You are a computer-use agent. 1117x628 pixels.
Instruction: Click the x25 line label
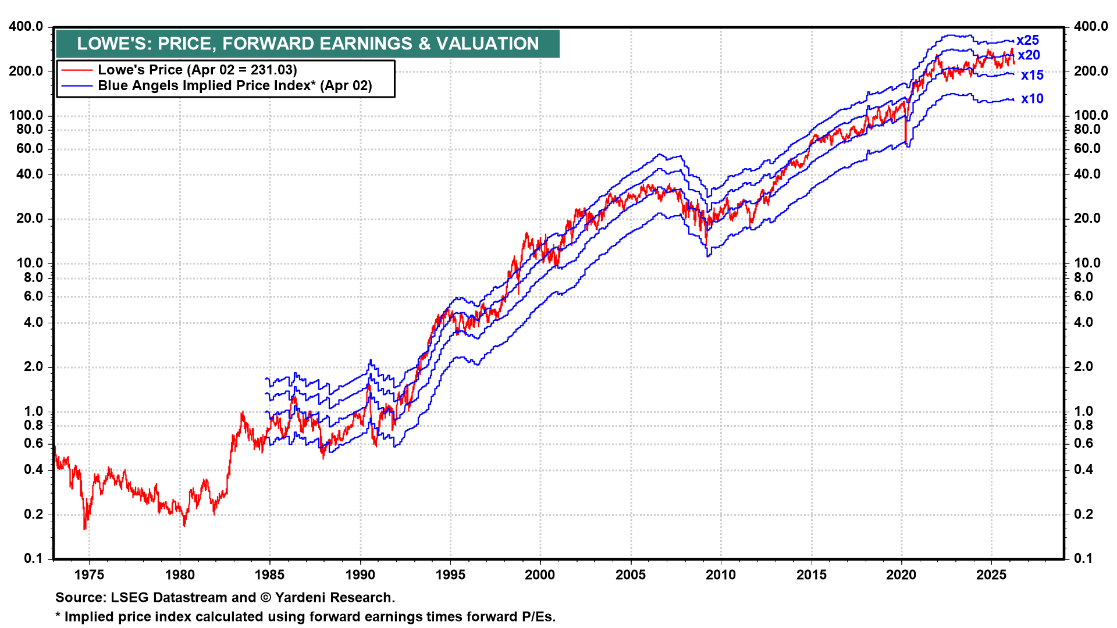(x=1027, y=40)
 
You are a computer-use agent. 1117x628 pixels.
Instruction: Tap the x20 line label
(x=1029, y=55)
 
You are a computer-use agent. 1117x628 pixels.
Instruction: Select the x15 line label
(x=1032, y=75)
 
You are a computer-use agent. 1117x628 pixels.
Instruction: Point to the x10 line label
(x=1032, y=99)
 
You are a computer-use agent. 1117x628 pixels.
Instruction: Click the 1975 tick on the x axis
(x=89, y=575)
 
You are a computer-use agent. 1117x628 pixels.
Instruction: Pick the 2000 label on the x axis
(x=540, y=575)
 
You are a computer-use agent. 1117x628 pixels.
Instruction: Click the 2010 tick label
(x=720, y=575)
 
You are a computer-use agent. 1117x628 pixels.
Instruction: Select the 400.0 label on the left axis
(x=26, y=27)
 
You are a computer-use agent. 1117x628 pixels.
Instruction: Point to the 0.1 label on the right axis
(x=1083, y=558)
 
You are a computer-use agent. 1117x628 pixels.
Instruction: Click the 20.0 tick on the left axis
(x=29, y=219)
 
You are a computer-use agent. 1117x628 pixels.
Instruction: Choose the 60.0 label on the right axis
(x=1087, y=149)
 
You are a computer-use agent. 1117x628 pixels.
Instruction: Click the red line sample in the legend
(x=77, y=70)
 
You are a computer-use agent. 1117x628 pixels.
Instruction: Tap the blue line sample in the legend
(x=77, y=86)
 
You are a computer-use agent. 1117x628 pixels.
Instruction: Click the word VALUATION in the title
(x=488, y=44)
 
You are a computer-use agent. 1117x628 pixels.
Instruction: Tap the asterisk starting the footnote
(x=58, y=616)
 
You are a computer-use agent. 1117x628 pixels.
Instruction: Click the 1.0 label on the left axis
(x=33, y=411)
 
